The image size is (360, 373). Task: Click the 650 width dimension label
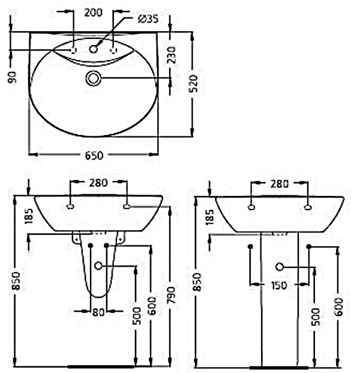pyautogui.click(x=94, y=156)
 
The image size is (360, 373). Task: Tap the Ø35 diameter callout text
pyautogui.click(x=148, y=19)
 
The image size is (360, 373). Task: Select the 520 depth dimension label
pyautogui.click(x=194, y=83)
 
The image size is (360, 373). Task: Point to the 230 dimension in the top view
pyautogui.click(x=172, y=55)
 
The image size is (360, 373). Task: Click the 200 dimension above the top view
pyautogui.click(x=94, y=13)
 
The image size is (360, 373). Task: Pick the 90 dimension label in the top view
pyautogui.click(x=12, y=77)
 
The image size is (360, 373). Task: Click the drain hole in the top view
pyautogui.click(x=94, y=78)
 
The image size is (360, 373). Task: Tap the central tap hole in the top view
pyautogui.click(x=94, y=49)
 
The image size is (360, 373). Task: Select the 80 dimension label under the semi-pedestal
pyautogui.click(x=98, y=312)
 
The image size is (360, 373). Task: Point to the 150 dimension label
pyautogui.click(x=279, y=285)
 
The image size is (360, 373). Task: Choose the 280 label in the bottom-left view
pyautogui.click(x=98, y=183)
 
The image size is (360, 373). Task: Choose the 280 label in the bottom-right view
pyautogui.click(x=280, y=184)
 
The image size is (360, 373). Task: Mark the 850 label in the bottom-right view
pyautogui.click(x=197, y=282)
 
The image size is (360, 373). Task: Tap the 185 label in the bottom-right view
pyautogui.click(x=210, y=217)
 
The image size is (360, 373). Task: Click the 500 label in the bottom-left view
pyautogui.click(x=137, y=316)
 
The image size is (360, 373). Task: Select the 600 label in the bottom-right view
pyautogui.click(x=339, y=307)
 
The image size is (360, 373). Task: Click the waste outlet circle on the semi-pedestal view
pyautogui.click(x=98, y=265)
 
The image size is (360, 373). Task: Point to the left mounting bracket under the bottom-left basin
pyautogui.click(x=76, y=237)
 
